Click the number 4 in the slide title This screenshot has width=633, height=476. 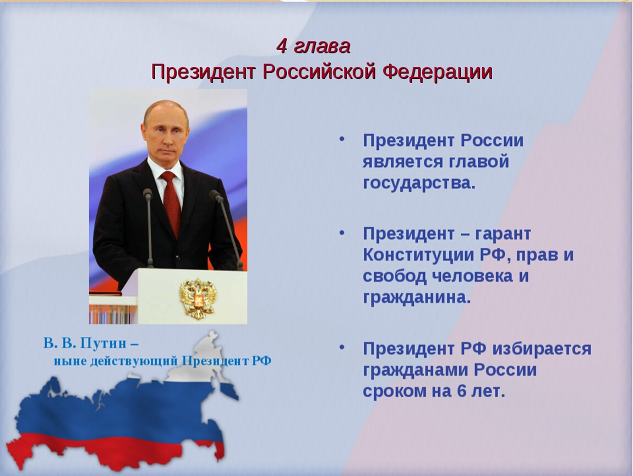(282, 46)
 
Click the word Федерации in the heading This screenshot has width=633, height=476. (438, 72)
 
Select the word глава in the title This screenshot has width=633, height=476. (322, 47)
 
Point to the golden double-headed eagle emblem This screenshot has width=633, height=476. (198, 298)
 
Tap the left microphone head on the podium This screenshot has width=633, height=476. (148, 194)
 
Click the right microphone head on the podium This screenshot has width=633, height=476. (216, 196)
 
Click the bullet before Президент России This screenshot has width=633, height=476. (342, 139)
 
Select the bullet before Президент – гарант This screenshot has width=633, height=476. (342, 232)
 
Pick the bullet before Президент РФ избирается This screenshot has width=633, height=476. (342, 348)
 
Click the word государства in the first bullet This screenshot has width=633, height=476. (419, 183)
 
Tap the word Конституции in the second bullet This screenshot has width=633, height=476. (418, 255)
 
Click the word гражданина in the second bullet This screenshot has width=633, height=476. (417, 298)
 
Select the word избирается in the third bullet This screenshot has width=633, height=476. (542, 349)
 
